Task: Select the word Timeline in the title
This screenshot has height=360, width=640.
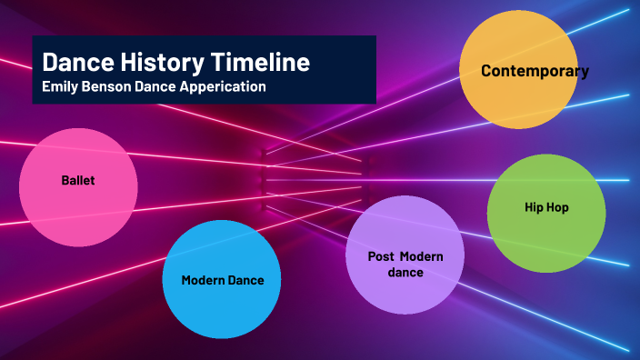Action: tap(261, 63)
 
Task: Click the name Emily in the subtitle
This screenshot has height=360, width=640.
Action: tap(60, 87)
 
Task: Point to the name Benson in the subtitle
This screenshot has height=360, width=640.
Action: tap(106, 87)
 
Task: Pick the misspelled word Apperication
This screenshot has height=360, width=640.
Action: tap(225, 87)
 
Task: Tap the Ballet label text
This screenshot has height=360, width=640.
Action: tap(78, 181)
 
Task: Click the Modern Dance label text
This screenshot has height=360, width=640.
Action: tap(222, 280)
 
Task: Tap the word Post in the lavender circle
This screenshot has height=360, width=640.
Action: tap(381, 257)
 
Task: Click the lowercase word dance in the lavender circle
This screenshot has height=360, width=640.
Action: tap(405, 272)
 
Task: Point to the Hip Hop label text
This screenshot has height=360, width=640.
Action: tap(546, 207)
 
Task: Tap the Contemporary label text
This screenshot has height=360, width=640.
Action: tap(535, 71)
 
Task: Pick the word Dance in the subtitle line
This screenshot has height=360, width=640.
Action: tap(157, 87)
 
